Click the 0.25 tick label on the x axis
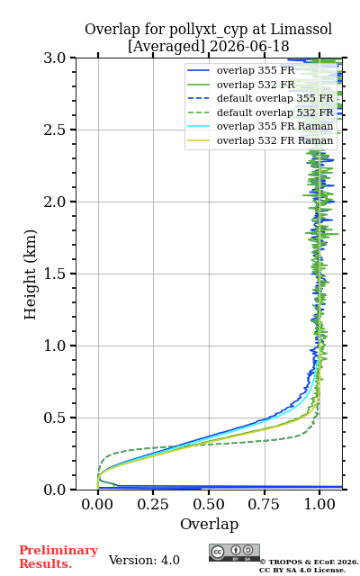tap(153, 504)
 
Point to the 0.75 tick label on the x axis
tap(264, 504)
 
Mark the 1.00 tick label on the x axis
tap(319, 504)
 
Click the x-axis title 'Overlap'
tap(209, 524)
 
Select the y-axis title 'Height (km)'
tap(31, 274)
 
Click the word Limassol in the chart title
tap(301, 29)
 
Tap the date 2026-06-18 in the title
tap(249, 47)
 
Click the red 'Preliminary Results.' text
tap(58, 557)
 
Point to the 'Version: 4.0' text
tap(144, 560)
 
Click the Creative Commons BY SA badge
tap(234, 553)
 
